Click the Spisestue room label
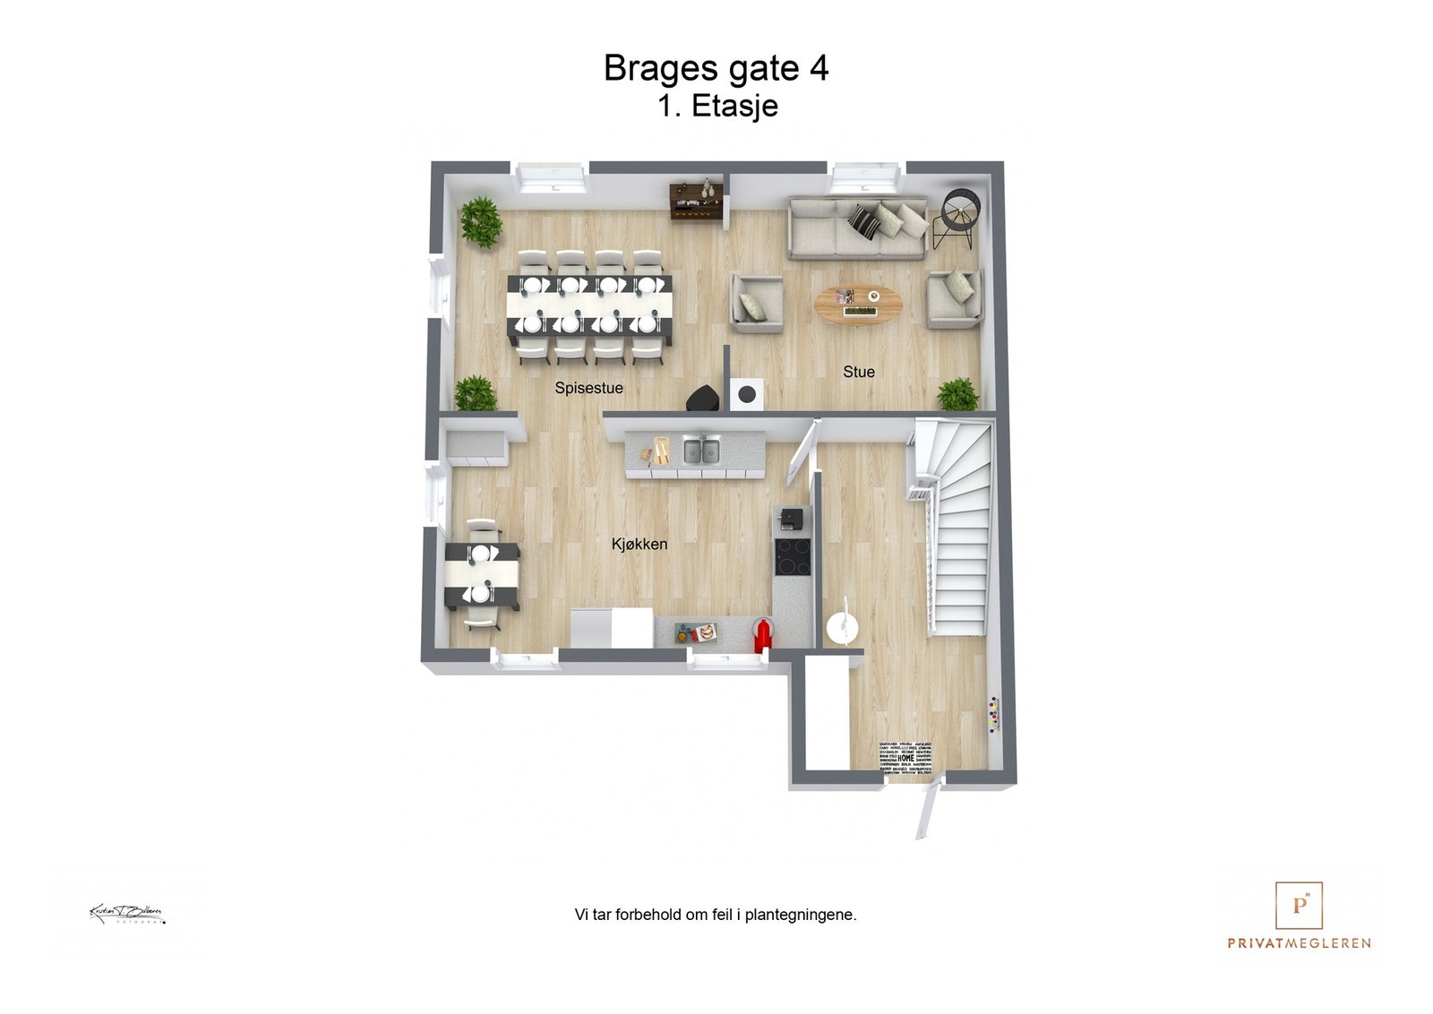(588, 388)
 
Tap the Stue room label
(858, 372)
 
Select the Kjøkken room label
(639, 544)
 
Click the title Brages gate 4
(716, 68)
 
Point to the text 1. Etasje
(717, 106)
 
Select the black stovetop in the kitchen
(792, 555)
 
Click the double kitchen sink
(700, 450)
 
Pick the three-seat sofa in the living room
(857, 228)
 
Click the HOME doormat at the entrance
(905, 757)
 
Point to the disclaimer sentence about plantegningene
(715, 915)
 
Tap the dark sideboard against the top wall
(696, 200)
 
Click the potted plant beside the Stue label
(957, 394)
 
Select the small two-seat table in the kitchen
(482, 574)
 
